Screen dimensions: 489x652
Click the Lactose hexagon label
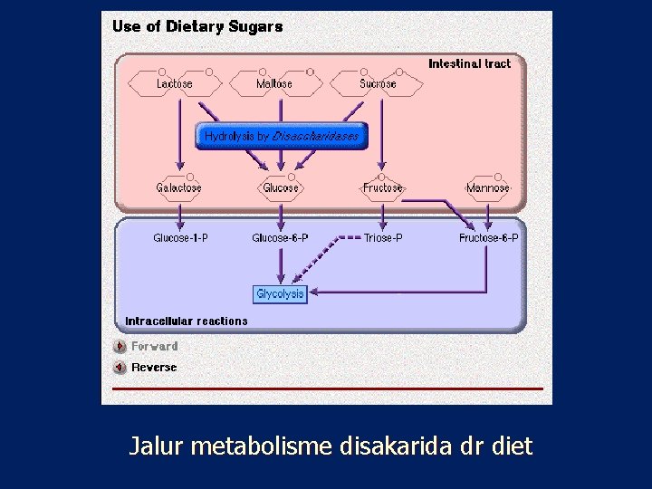tap(174, 83)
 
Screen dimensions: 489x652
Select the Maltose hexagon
tap(274, 83)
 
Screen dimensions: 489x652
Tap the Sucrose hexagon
tap(378, 83)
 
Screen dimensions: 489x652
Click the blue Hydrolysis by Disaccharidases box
tap(282, 136)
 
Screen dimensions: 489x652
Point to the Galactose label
tap(178, 187)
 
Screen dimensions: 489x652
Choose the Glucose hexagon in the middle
tap(281, 187)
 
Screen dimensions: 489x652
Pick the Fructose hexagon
tap(382, 187)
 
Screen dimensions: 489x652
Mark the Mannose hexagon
tap(488, 187)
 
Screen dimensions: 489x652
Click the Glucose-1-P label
tap(180, 238)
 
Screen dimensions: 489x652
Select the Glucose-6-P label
tap(280, 238)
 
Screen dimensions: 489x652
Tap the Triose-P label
tap(383, 238)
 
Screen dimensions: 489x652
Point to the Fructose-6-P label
tap(489, 238)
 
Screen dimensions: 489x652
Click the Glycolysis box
tap(281, 293)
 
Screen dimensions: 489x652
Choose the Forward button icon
tap(120, 346)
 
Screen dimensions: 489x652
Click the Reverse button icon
tap(120, 368)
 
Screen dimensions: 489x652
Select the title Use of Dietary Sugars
tap(197, 26)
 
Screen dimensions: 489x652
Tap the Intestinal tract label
tap(469, 63)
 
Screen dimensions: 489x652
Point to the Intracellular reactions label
tap(187, 321)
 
